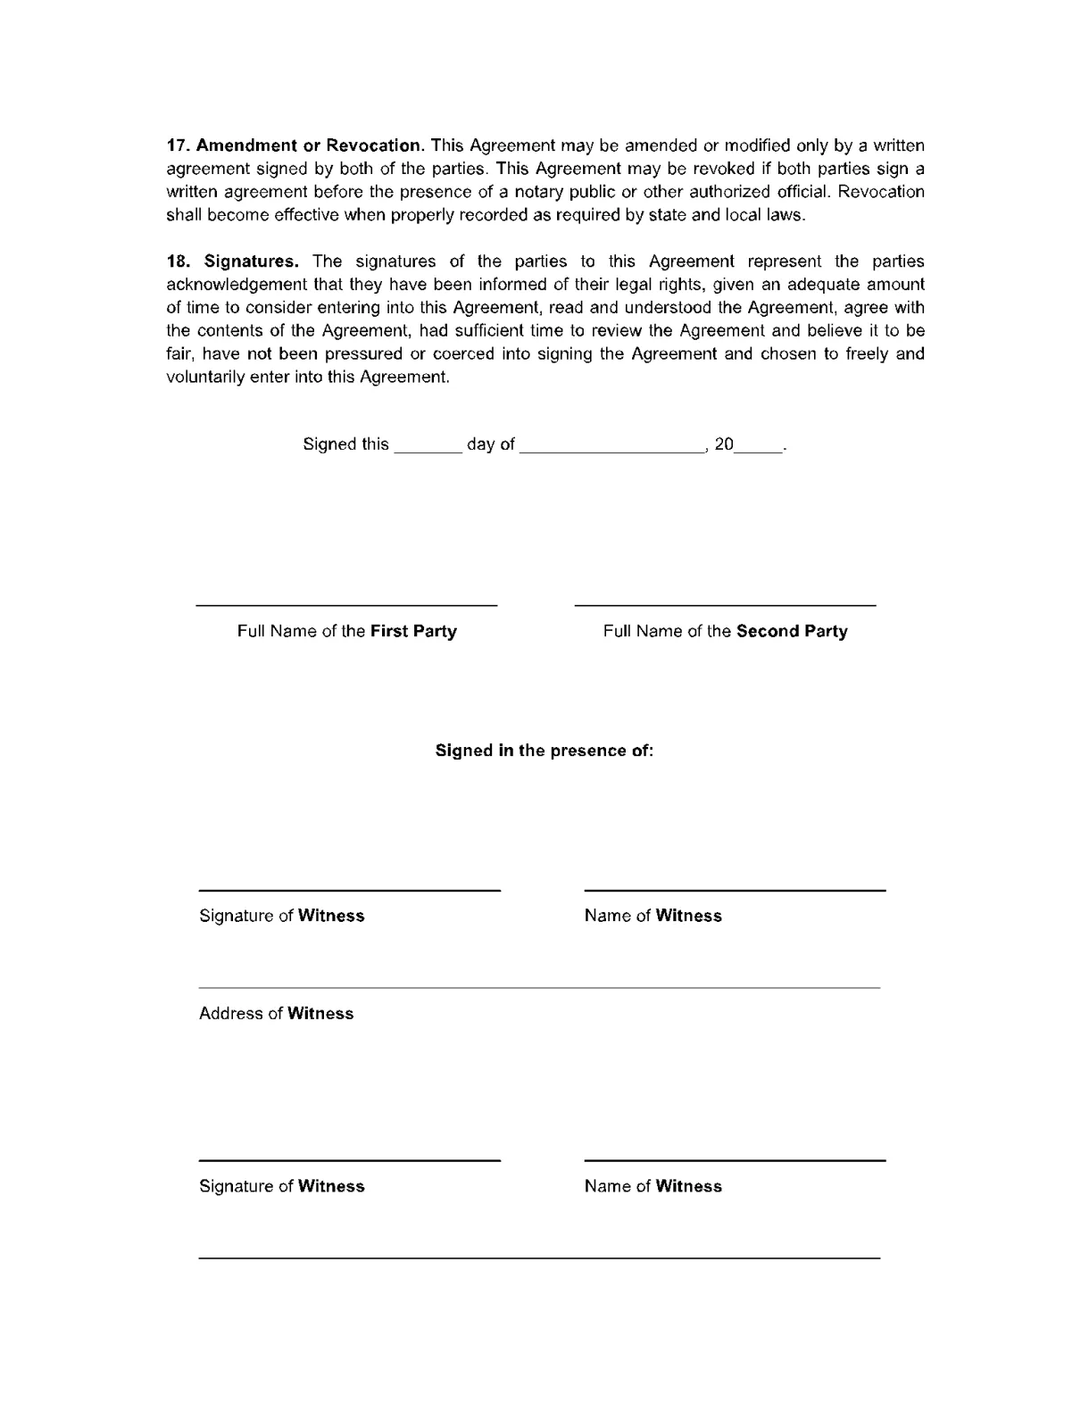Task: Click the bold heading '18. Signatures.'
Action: (233, 262)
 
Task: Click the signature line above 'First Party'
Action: (346, 606)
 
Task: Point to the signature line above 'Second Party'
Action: (725, 606)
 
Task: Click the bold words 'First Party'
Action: (413, 631)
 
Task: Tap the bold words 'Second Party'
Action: (792, 631)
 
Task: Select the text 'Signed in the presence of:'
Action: (544, 751)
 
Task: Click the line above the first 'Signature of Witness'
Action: (349, 890)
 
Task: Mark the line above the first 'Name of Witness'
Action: (735, 890)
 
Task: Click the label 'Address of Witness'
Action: (277, 1013)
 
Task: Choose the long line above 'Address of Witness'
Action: (539, 988)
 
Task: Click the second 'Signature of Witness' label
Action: (282, 1186)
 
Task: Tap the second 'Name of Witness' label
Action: (653, 1186)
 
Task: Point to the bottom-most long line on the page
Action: (539, 1258)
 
